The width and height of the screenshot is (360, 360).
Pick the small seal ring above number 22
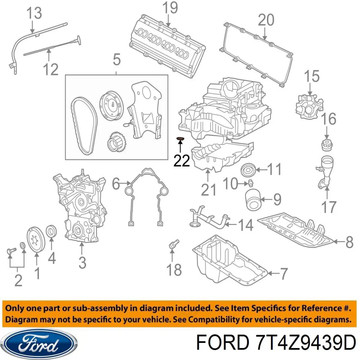tap(180, 139)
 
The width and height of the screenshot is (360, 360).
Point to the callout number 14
tap(245, 225)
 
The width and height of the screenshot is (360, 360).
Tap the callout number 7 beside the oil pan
tap(283, 273)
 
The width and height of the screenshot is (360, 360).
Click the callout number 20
tap(266, 20)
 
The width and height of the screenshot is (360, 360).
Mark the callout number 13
tap(34, 13)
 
